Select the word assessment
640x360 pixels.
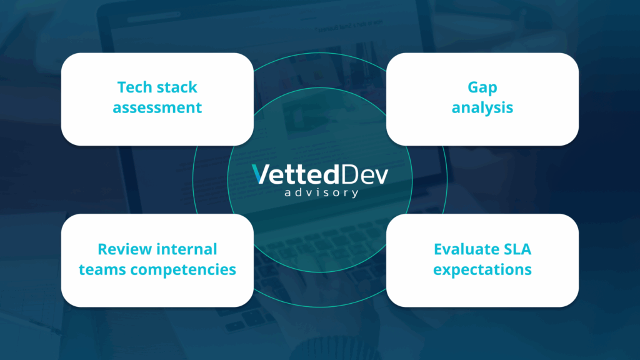(x=157, y=107)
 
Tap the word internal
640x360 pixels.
(x=187, y=249)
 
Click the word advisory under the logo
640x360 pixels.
(x=321, y=192)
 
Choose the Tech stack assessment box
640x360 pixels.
(x=157, y=99)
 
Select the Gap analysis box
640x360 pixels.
(x=482, y=99)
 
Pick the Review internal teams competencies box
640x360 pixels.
(x=157, y=261)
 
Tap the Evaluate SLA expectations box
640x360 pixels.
(x=482, y=261)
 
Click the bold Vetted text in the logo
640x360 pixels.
(x=296, y=174)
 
